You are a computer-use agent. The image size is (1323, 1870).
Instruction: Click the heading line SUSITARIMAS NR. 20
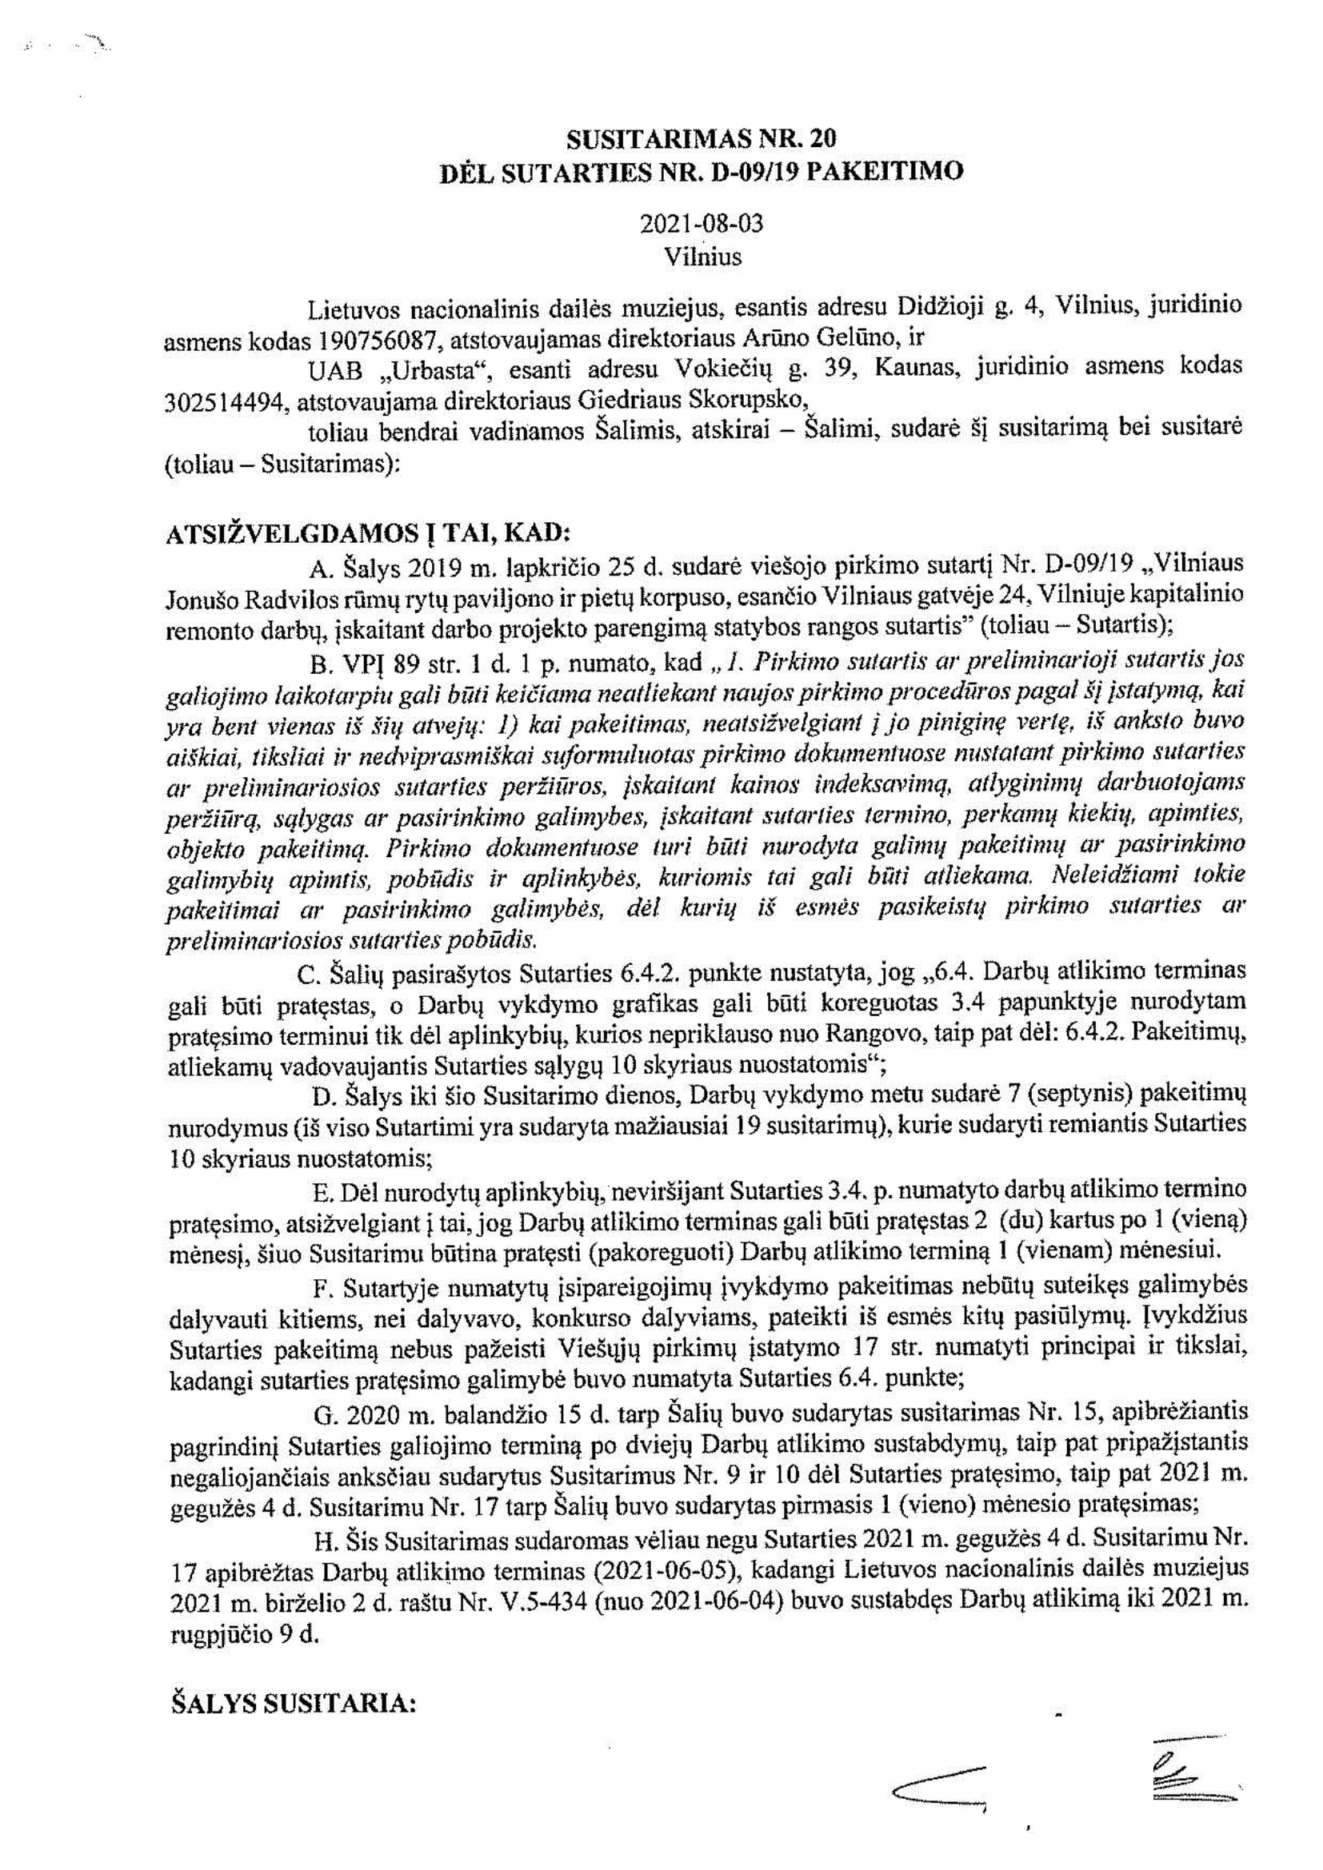(701, 139)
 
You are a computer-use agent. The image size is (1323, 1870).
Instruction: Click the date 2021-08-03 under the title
(701, 224)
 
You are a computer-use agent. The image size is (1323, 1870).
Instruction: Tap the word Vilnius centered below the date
(702, 257)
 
